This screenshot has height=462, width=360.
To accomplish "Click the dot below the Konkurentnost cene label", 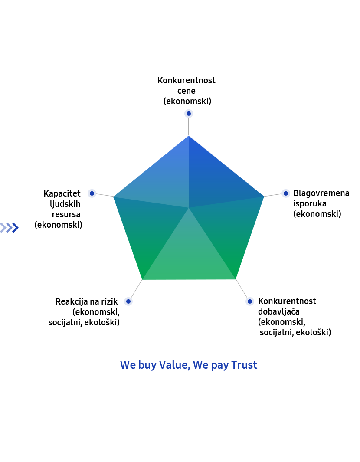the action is pyautogui.click(x=189, y=113).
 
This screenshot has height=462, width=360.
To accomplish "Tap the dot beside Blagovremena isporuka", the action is pyautogui.click(x=285, y=193).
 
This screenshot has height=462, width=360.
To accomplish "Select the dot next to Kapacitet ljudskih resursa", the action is pyautogui.click(x=92, y=193).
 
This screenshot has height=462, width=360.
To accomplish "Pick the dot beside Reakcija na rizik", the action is pyautogui.click(x=128, y=301).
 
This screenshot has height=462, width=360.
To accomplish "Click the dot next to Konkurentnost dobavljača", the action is pyautogui.click(x=249, y=301).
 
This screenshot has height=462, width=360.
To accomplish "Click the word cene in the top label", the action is pyautogui.click(x=186, y=91).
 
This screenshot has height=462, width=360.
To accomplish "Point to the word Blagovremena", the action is pyautogui.click(x=321, y=193).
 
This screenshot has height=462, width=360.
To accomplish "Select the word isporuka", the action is pyautogui.click(x=310, y=203).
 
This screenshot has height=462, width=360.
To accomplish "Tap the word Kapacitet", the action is pyautogui.click(x=62, y=193).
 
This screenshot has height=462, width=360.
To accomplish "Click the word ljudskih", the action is pyautogui.click(x=65, y=204).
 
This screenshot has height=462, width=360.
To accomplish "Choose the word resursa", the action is pyautogui.click(x=66, y=214).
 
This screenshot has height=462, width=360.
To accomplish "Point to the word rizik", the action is pyautogui.click(x=109, y=301).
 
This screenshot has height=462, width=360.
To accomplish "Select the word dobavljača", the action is pyautogui.click(x=279, y=311).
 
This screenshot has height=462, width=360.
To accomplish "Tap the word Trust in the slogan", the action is pyautogui.click(x=244, y=365).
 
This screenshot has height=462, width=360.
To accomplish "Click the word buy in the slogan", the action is pyautogui.click(x=147, y=366).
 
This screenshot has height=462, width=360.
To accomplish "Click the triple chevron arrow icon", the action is pyautogui.click(x=10, y=227).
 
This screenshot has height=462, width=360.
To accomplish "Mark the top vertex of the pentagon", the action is pyautogui.click(x=189, y=136).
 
